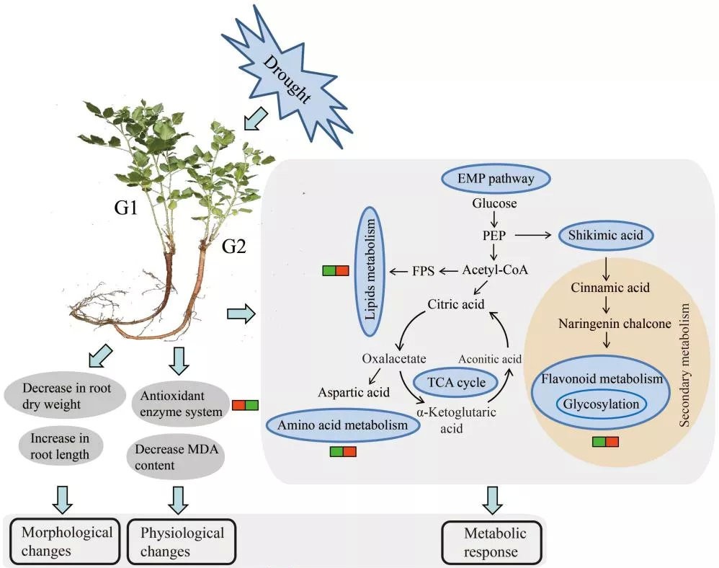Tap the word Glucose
click(x=494, y=203)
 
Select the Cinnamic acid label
click(x=610, y=288)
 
